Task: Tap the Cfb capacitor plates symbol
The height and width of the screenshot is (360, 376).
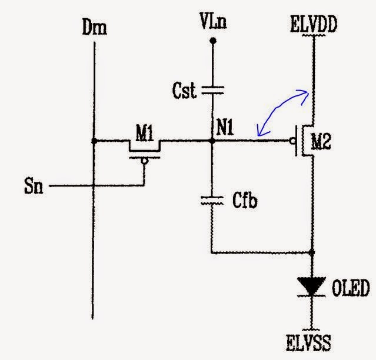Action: click(x=213, y=201)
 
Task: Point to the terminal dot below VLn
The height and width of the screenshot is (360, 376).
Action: click(x=213, y=40)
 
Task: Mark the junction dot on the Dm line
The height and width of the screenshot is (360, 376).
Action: click(x=94, y=141)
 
